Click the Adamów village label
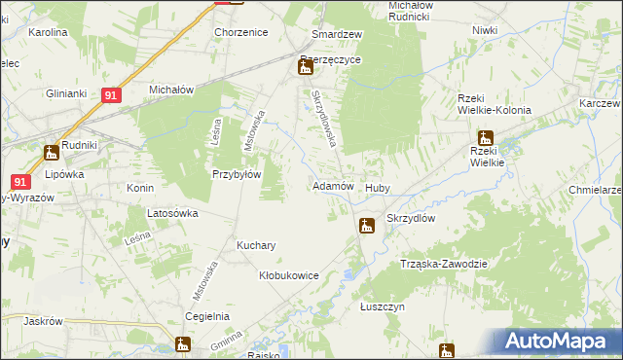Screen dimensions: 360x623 [x=331, y=185]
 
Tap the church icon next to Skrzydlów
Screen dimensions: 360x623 [x=366, y=227]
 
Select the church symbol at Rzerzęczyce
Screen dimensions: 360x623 [x=305, y=67]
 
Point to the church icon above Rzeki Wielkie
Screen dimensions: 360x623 [x=485, y=139]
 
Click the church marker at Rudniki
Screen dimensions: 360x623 [x=51, y=152]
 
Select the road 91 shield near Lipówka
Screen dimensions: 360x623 [x=21, y=181]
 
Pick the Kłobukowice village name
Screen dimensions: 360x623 [x=288, y=275]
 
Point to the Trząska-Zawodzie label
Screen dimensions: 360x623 [x=443, y=264]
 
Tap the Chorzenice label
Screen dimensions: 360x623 [x=240, y=32]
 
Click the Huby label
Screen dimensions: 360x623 [x=378, y=188]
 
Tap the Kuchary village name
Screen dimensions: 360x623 [x=255, y=245]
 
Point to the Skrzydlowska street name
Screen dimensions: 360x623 [x=324, y=118]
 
